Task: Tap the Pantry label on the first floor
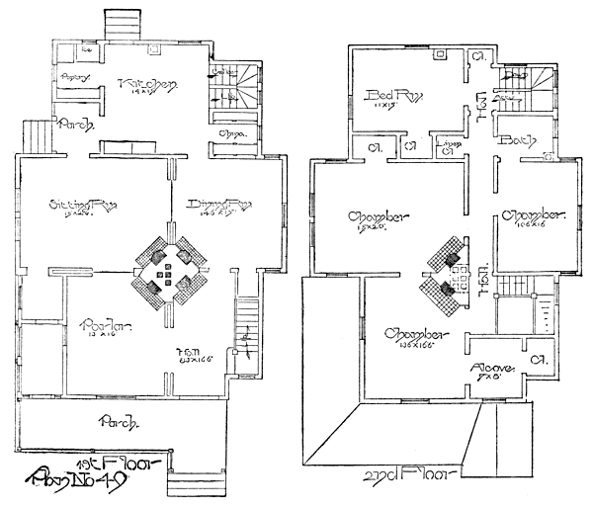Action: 75,77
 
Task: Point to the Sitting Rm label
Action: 84,206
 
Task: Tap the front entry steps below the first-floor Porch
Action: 191,485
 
